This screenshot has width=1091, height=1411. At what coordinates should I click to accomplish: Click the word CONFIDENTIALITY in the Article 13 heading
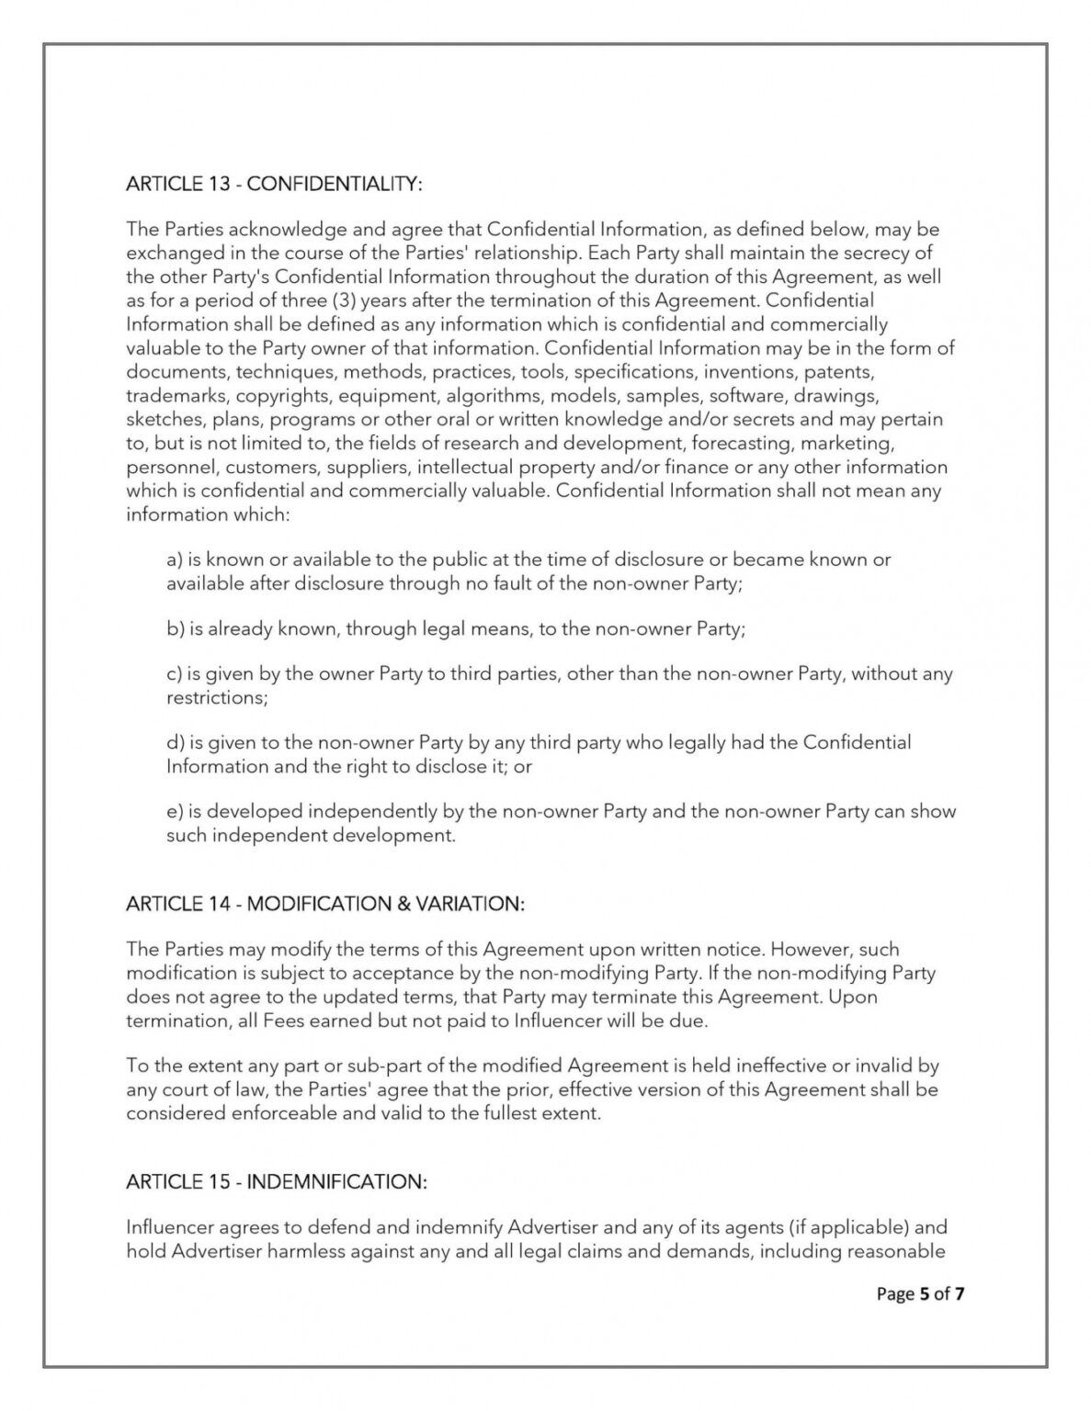pos(335,184)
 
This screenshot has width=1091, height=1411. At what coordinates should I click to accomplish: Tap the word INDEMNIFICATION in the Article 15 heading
pos(336,1181)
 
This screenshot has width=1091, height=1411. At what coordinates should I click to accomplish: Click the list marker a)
pos(174,559)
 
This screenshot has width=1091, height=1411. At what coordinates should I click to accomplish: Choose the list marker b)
pos(175,629)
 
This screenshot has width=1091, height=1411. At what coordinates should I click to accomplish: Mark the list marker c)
pos(174,674)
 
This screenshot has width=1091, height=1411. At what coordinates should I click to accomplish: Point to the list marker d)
pos(175,742)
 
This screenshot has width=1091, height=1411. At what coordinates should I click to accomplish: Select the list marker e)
pos(174,811)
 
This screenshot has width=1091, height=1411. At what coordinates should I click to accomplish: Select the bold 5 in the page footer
pos(923,1294)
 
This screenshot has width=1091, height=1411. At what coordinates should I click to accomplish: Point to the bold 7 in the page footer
pos(960,1294)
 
